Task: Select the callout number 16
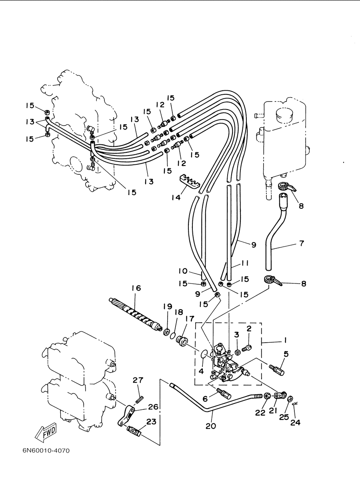click(x=136, y=288)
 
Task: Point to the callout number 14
click(x=176, y=197)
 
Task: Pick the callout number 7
click(x=302, y=244)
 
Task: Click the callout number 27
click(x=138, y=380)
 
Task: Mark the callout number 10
click(x=183, y=271)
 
